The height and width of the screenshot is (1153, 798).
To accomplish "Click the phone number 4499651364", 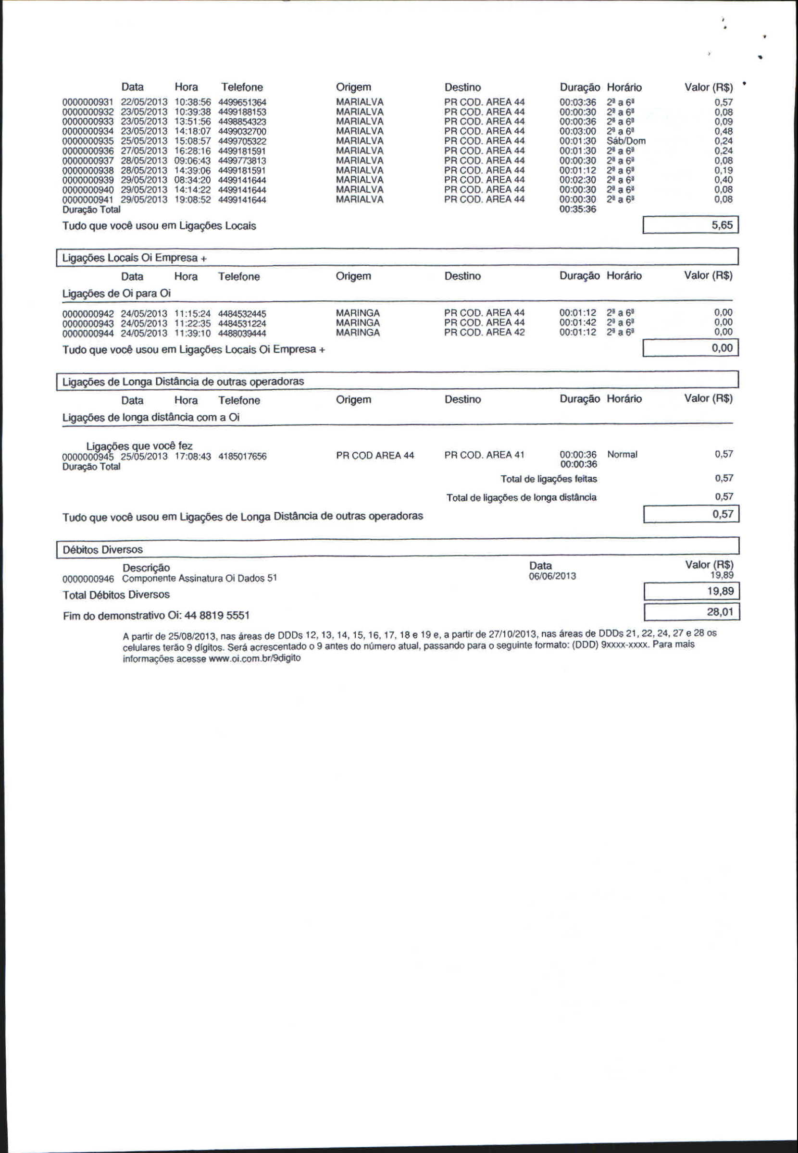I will point(242,102).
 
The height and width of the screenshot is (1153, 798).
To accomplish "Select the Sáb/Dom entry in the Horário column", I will point(625,141).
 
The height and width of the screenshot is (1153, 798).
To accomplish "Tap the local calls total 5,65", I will point(722,225).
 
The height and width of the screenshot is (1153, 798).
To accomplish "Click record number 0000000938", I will point(88,171).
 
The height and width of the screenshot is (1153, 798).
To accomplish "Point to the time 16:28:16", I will point(192,151).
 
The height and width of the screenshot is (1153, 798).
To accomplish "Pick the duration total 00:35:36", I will point(577,209).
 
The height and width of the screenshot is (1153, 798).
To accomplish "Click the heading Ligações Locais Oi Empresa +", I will point(134,258).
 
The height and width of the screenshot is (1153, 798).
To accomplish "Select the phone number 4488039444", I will point(242,334).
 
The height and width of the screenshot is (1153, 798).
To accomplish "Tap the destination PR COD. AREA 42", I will point(484,333).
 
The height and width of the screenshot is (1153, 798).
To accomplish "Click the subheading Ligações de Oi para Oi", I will point(116,293).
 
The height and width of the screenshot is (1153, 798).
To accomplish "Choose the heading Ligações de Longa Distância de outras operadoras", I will point(183,382).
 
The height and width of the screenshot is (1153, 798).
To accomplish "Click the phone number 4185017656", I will point(242,456).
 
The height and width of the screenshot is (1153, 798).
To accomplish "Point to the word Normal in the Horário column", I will point(622,455).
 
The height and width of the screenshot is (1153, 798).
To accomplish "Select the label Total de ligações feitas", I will point(549,479).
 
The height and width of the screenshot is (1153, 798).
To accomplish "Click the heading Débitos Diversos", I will point(102,550).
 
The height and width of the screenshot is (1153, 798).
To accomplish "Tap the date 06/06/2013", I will point(552,576).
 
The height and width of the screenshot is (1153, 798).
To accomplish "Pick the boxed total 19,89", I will point(720,592).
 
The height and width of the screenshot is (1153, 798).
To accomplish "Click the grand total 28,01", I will point(720,612).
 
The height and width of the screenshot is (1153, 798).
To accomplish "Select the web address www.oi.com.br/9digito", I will point(254,658).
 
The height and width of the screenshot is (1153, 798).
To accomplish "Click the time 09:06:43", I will point(192,161).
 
